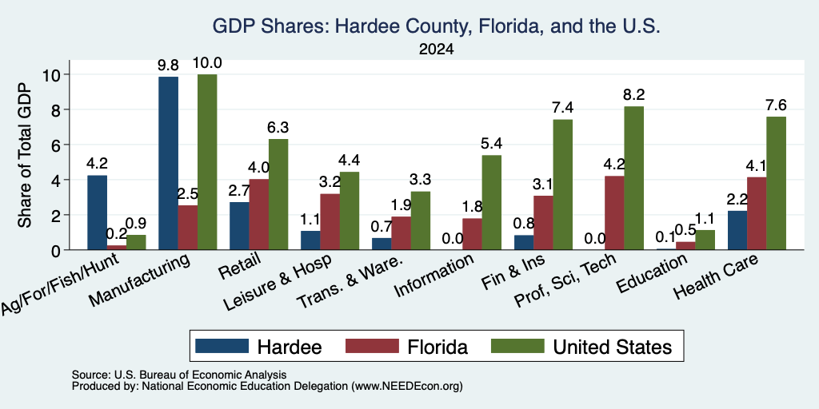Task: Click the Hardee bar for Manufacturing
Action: (x=168, y=163)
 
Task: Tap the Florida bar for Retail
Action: (x=259, y=214)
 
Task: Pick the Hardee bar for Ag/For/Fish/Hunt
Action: (x=97, y=212)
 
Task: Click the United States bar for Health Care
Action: (x=776, y=183)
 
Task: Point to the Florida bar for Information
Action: (x=472, y=234)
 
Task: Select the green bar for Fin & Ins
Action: (x=562, y=185)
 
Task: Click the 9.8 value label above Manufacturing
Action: (x=168, y=66)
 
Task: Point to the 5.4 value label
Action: (x=492, y=144)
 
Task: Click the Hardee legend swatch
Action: (x=222, y=346)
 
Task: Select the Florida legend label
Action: (x=437, y=347)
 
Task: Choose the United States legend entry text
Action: (x=612, y=347)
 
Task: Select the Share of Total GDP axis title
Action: (x=25, y=155)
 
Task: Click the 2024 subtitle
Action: (x=436, y=50)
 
